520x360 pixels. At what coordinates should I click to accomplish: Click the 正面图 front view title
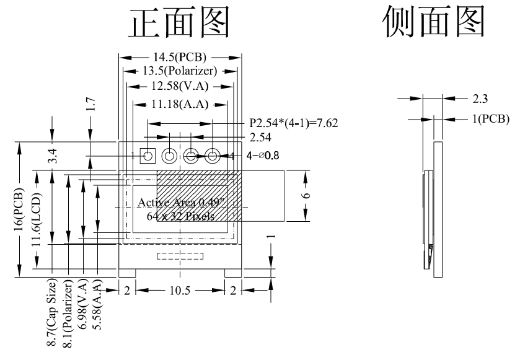tap(180, 23)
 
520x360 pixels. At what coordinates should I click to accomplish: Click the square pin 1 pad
tap(148, 156)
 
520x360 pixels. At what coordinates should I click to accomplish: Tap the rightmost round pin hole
tap(213, 156)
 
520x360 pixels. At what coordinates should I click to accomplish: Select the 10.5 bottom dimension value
tap(180, 290)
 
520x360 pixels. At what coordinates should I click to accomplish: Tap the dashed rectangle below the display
tap(180, 255)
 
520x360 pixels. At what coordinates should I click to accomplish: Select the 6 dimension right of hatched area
tap(305, 195)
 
